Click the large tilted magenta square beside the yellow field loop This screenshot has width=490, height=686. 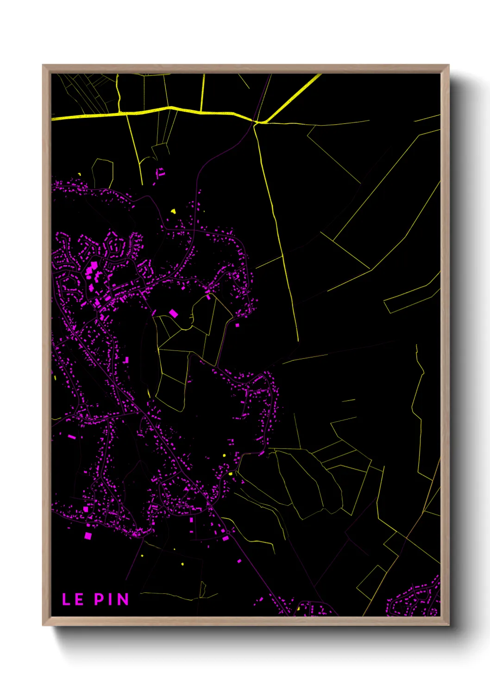(x=173, y=314)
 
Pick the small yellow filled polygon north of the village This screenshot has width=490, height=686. (x=173, y=211)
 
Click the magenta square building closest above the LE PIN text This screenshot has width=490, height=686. (x=88, y=536)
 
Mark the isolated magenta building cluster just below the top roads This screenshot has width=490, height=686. (x=160, y=173)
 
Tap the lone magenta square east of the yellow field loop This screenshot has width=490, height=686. (x=238, y=325)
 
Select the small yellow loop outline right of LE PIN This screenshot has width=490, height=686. (x=202, y=590)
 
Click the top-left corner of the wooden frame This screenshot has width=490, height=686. (x=44, y=66)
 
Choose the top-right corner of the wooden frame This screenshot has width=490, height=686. (x=448, y=66)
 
